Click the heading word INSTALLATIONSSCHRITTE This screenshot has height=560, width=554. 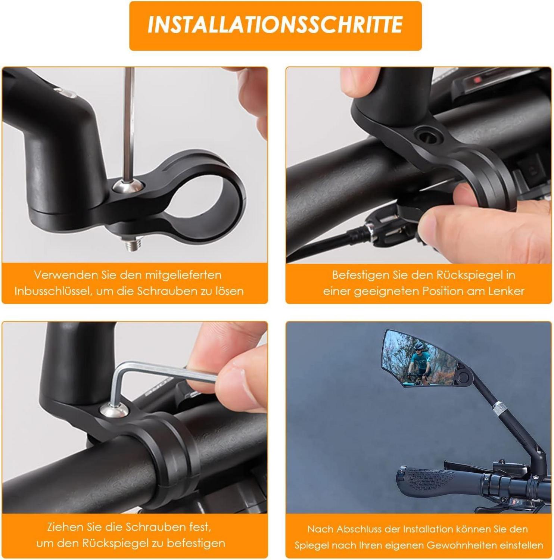(275, 25)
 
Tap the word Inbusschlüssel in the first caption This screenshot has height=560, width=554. (52, 291)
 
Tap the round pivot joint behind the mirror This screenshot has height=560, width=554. (464, 376)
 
